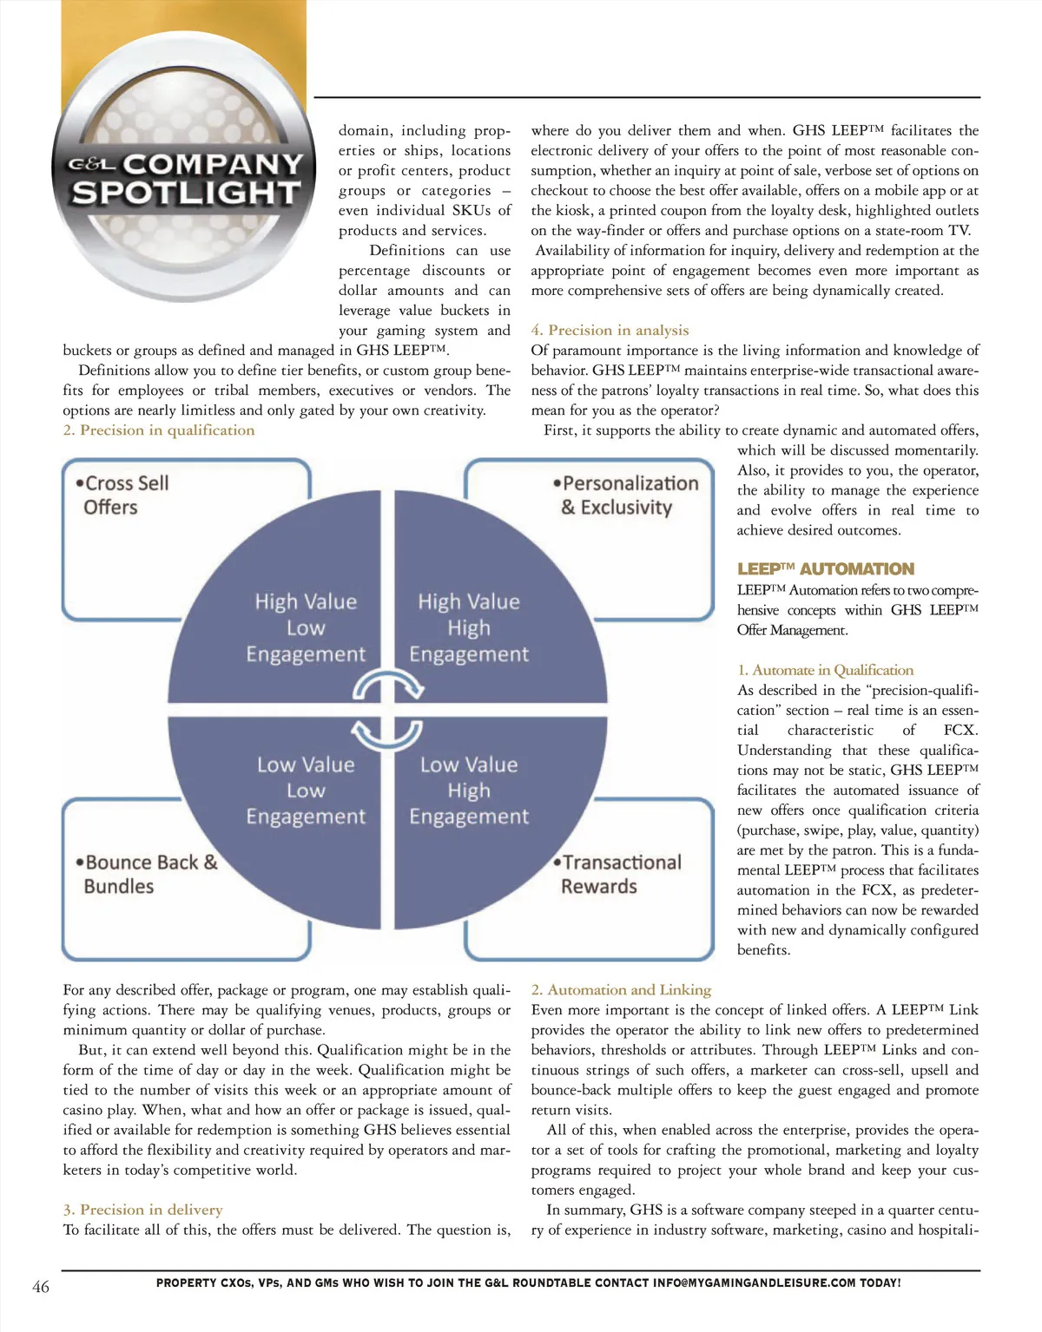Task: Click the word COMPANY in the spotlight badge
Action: click(x=213, y=163)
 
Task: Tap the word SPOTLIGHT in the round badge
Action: click(x=186, y=193)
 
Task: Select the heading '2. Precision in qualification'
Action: click(x=159, y=430)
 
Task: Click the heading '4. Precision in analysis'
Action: click(x=610, y=330)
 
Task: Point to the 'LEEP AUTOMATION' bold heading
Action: click(x=825, y=569)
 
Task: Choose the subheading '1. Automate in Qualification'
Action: click(x=825, y=670)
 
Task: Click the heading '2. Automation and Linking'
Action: click(x=621, y=990)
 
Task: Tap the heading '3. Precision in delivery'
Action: click(x=142, y=1210)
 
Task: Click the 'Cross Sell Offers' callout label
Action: click(x=122, y=495)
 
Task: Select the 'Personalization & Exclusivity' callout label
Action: click(x=627, y=495)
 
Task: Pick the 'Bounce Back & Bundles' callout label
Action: click(x=146, y=874)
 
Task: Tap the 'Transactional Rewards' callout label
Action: click(x=618, y=874)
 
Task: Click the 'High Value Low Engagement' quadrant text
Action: click(x=306, y=627)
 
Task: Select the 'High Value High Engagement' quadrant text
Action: click(x=469, y=627)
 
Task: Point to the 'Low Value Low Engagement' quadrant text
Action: click(x=306, y=791)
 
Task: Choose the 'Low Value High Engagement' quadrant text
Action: click(x=469, y=791)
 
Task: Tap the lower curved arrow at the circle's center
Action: click(x=387, y=736)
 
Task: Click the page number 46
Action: click(x=41, y=1286)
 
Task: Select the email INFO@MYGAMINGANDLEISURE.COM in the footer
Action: click(x=754, y=1283)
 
